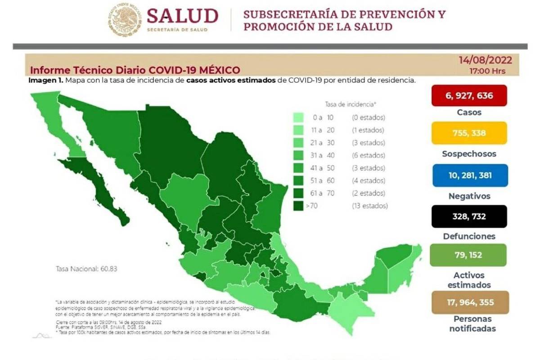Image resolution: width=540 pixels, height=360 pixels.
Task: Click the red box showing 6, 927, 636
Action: click(469, 95)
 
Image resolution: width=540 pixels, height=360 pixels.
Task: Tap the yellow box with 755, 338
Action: click(469, 133)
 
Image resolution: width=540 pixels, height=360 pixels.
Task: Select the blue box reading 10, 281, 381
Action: click(469, 175)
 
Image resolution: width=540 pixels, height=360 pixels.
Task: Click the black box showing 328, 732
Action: click(469, 216)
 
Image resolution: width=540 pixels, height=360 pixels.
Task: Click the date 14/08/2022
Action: click(485, 60)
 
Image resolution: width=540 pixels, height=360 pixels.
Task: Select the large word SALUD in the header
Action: click(182, 16)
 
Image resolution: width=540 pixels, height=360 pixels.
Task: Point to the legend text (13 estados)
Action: click(369, 206)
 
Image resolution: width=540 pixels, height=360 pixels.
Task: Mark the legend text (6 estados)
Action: click(369, 156)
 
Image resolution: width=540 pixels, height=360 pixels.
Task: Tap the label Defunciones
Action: click(469, 236)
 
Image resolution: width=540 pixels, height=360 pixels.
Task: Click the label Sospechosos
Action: click(469, 154)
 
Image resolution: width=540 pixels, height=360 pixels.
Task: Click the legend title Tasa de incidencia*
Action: click(350, 104)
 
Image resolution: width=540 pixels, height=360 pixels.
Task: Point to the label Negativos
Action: click(469, 196)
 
